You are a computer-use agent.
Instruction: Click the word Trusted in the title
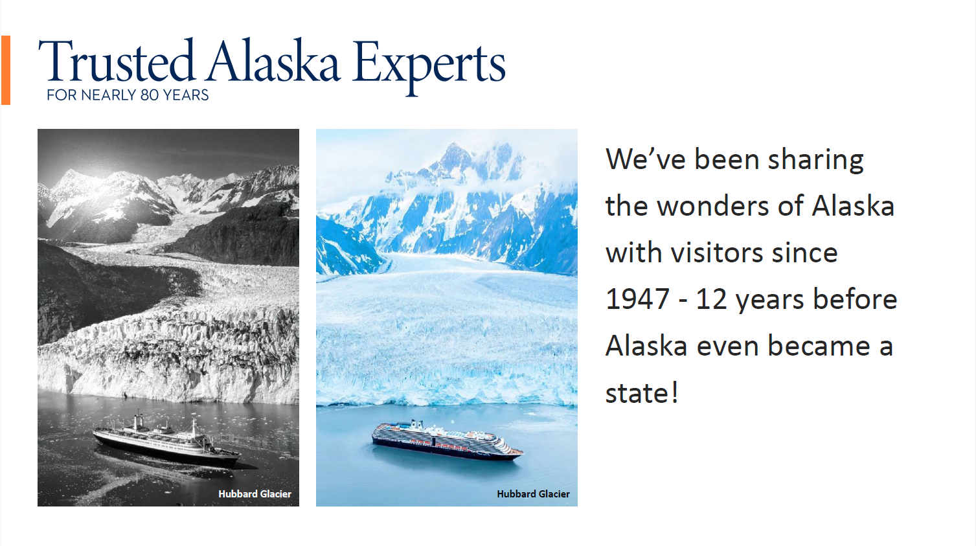117,62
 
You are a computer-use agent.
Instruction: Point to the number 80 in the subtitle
149,95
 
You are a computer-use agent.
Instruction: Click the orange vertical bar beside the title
6,70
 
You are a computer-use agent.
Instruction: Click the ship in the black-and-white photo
166,441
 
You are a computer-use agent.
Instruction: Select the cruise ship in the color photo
447,441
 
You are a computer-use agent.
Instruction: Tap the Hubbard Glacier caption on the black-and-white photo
255,494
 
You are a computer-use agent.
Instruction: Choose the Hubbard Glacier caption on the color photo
533,494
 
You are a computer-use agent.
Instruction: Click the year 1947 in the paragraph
637,300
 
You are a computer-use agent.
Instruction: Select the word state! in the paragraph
642,393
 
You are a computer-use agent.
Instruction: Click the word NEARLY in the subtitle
108,95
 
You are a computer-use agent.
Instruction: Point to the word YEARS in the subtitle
186,95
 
